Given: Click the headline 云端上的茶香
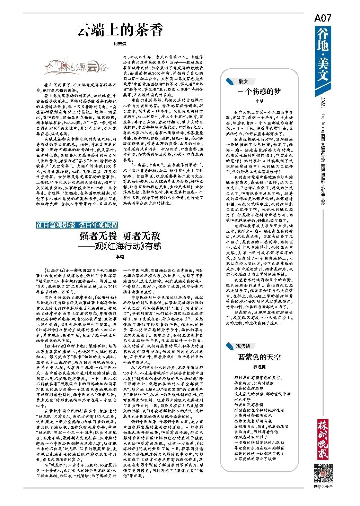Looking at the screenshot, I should [x=120, y=31].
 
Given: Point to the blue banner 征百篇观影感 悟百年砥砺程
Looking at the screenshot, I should [x=77, y=225].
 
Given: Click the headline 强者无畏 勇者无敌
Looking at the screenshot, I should [x=120, y=236].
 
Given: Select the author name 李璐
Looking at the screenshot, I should [x=119, y=257].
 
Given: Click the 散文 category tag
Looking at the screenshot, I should [x=243, y=82].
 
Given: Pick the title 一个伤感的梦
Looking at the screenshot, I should [x=259, y=91].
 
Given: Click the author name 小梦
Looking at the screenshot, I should [x=259, y=101].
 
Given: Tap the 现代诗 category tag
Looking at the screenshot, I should [x=243, y=346].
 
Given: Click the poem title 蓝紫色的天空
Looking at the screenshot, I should [x=259, y=357].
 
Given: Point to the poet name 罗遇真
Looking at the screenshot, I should [x=259, y=367].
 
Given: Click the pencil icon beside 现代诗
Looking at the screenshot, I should [x=230, y=346].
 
